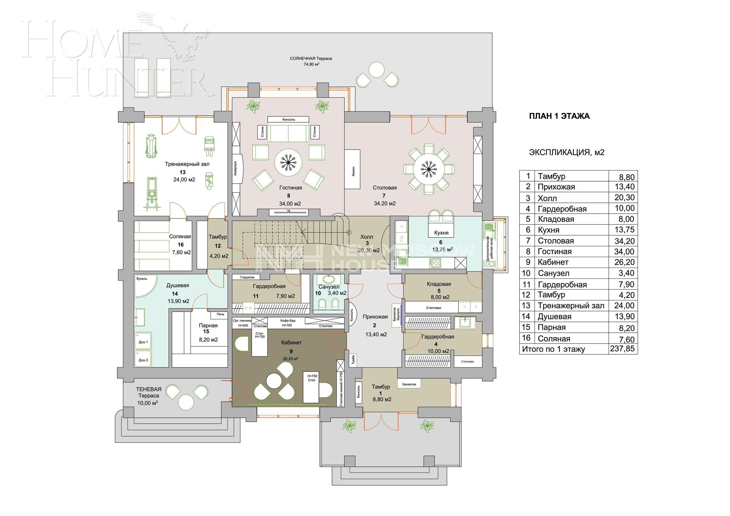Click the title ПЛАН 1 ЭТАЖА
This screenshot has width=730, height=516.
point(559,116)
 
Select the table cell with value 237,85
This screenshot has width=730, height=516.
point(622,349)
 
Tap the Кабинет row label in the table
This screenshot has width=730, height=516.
point(553,262)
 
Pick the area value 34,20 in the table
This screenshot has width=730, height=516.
point(624,241)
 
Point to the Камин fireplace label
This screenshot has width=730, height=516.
point(353,169)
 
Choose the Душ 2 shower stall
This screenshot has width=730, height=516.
point(143,360)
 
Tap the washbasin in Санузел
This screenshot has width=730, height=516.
point(328,279)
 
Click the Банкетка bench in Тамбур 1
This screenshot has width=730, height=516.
point(409,384)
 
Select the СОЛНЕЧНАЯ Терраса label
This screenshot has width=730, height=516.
point(311,58)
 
